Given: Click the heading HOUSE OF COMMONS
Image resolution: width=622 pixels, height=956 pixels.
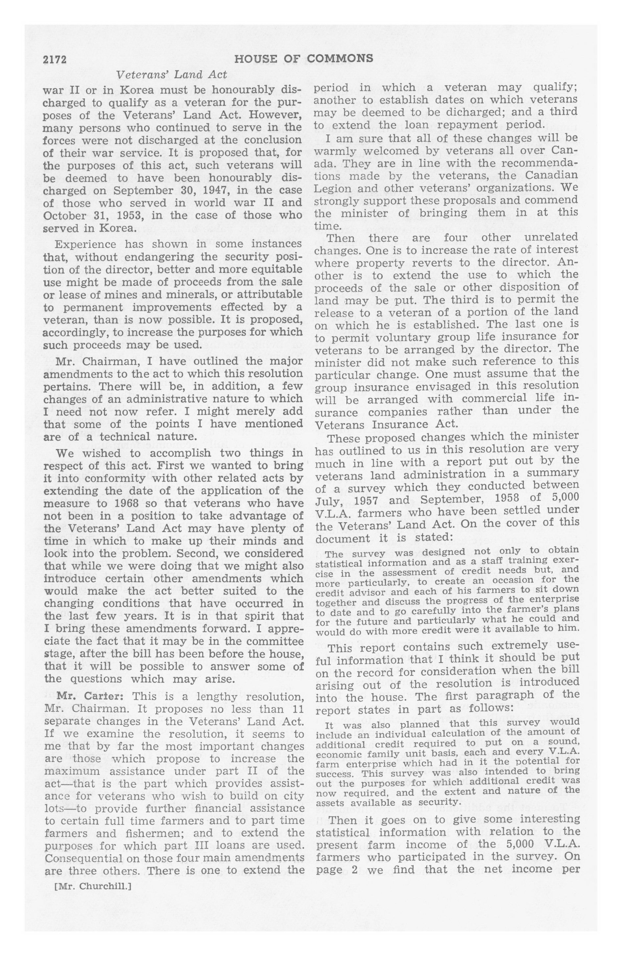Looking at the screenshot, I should click(x=303, y=59).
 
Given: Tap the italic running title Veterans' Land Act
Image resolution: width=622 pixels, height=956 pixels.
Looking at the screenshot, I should click(x=172, y=75).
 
